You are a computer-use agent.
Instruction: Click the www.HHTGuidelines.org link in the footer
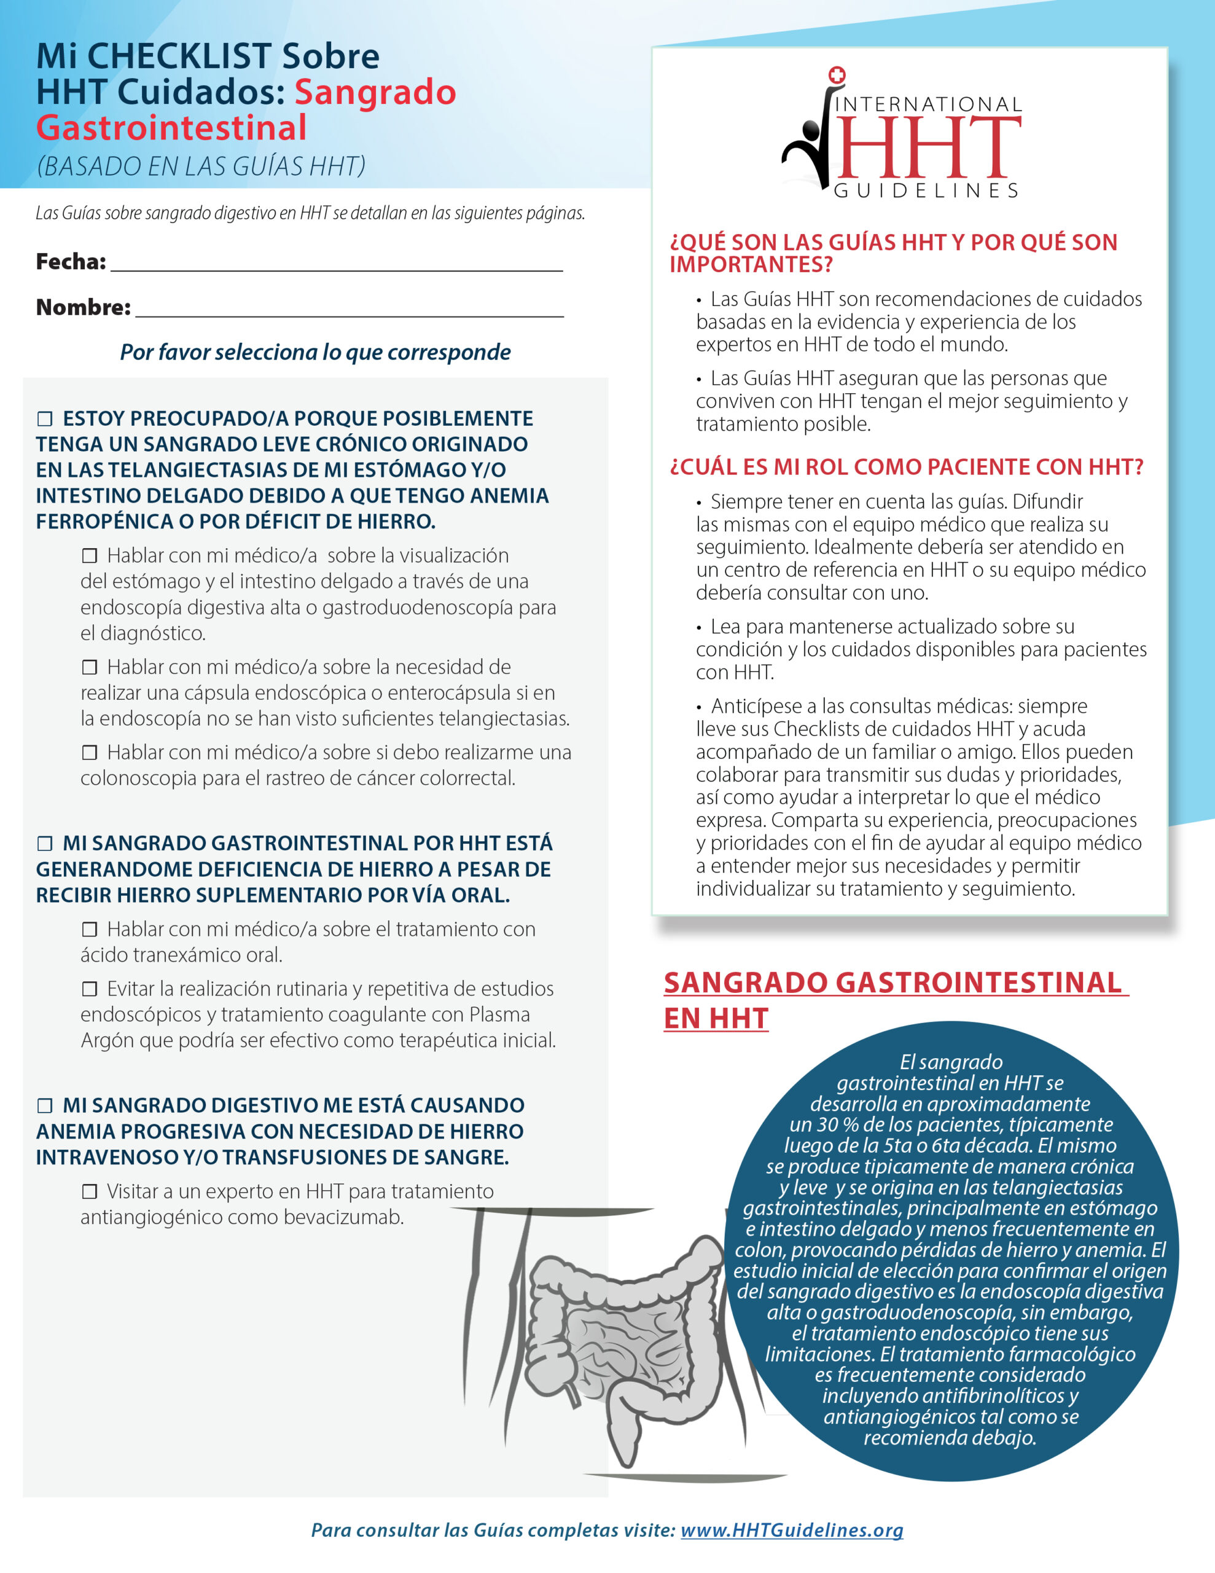[x=792, y=1530]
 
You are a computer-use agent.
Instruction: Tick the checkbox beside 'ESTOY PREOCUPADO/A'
[x=45, y=418]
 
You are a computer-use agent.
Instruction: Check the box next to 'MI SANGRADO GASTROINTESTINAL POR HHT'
[x=45, y=844]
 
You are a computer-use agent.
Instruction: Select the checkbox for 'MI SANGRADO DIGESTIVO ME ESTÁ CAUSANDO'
[x=45, y=1105]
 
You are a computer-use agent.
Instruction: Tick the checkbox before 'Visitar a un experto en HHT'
[x=89, y=1192]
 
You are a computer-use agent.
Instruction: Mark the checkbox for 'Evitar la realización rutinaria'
[x=89, y=989]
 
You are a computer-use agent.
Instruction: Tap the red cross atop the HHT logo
[x=836, y=76]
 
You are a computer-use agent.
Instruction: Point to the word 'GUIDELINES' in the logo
[x=926, y=191]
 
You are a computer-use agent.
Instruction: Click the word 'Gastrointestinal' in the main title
[x=171, y=128]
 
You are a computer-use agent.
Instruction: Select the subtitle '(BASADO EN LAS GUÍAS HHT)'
[x=201, y=167]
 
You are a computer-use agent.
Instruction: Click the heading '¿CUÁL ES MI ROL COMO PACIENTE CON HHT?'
[x=906, y=467]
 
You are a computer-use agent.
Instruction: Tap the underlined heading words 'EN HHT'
[x=716, y=1018]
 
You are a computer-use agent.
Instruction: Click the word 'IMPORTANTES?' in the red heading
[x=751, y=264]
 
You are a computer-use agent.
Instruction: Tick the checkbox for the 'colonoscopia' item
[x=89, y=753]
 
